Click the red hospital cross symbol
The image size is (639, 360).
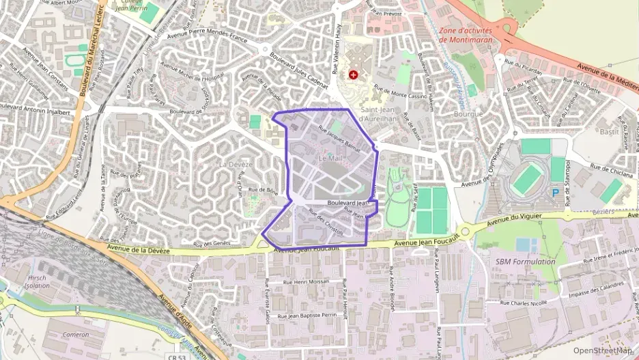point(353,74)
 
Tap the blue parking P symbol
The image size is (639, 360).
point(555,193)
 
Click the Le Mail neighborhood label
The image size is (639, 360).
point(330,158)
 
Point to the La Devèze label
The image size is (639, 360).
point(236,165)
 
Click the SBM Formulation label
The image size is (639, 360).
point(526,262)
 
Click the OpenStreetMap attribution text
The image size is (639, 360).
point(603,350)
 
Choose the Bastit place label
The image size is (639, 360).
point(608,131)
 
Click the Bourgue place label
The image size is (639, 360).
point(468,114)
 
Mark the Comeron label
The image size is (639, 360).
point(75,335)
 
